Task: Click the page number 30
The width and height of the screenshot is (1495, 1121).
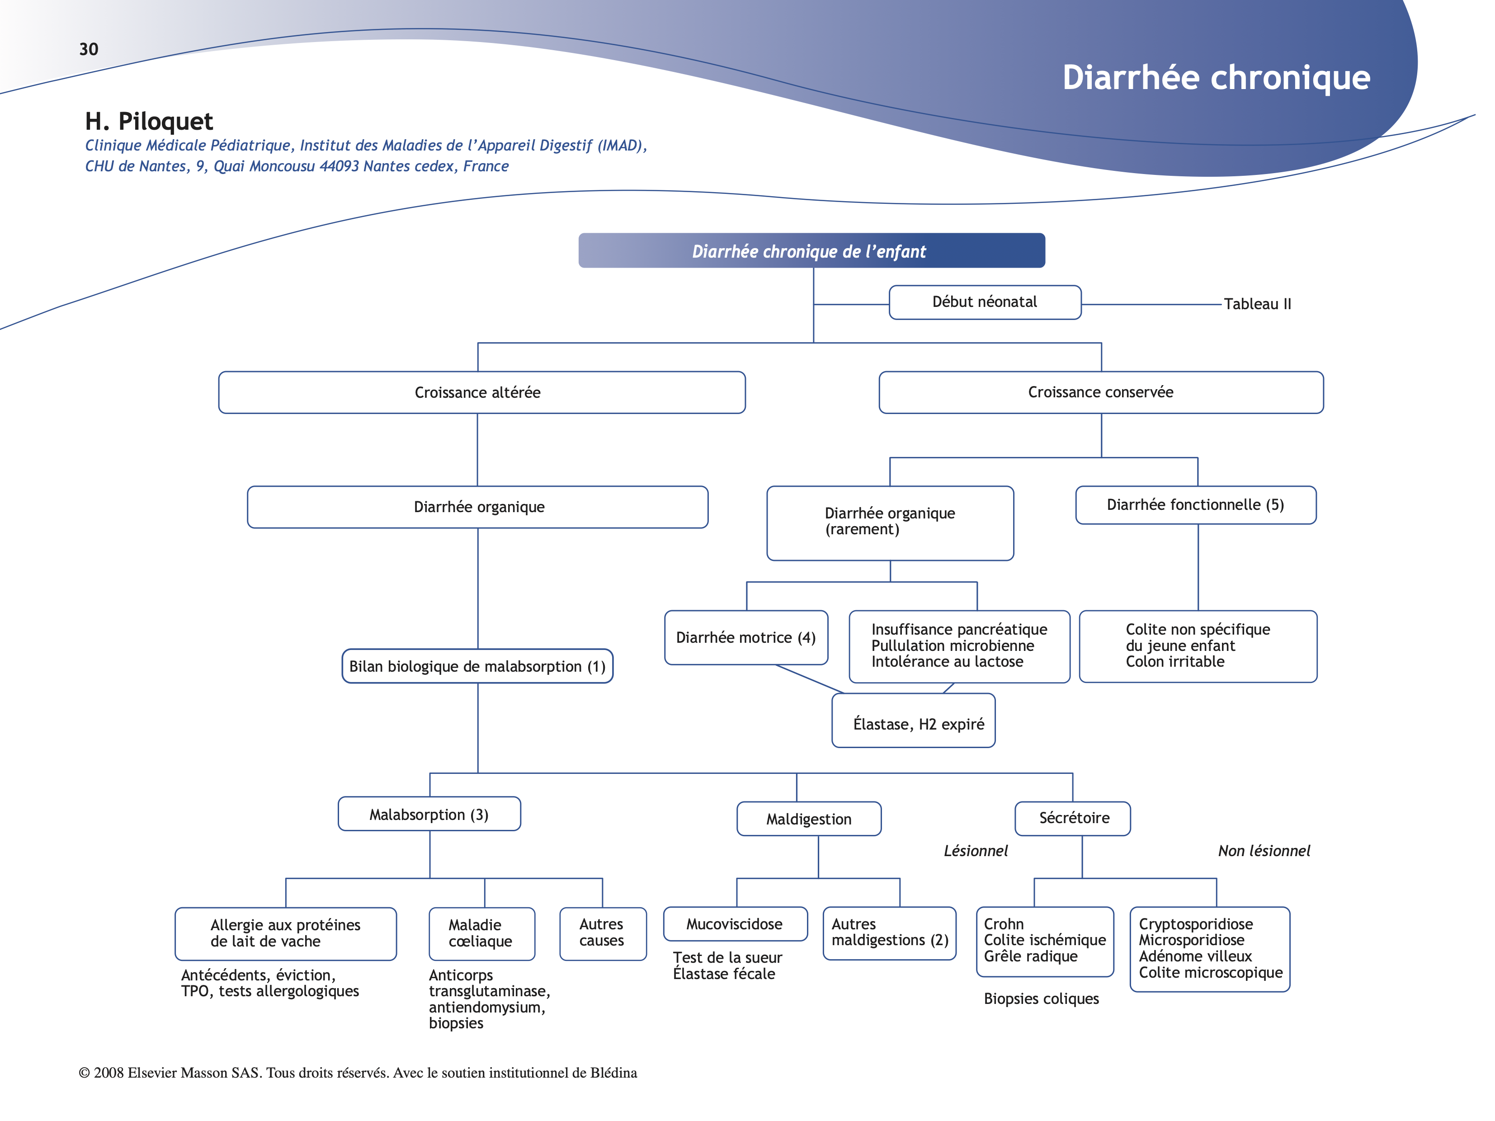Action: (x=89, y=49)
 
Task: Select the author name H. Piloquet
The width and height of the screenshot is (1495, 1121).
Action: (x=149, y=122)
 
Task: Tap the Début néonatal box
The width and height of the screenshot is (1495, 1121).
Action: (x=985, y=302)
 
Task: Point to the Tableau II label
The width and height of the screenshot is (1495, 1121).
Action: (x=1257, y=304)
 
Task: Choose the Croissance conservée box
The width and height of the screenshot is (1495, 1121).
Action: (x=1100, y=393)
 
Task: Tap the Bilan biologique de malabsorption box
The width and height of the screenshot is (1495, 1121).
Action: (x=477, y=666)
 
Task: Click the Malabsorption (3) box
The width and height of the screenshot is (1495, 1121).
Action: (x=429, y=814)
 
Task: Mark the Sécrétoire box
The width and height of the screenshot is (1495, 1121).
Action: (x=1073, y=818)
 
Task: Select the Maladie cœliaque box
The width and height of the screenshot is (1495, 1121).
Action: (x=481, y=933)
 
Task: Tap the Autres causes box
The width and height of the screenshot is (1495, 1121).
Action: (x=602, y=933)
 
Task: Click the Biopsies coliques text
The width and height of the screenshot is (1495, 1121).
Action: (x=1041, y=999)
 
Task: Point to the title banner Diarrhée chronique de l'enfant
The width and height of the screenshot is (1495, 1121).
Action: (x=811, y=251)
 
